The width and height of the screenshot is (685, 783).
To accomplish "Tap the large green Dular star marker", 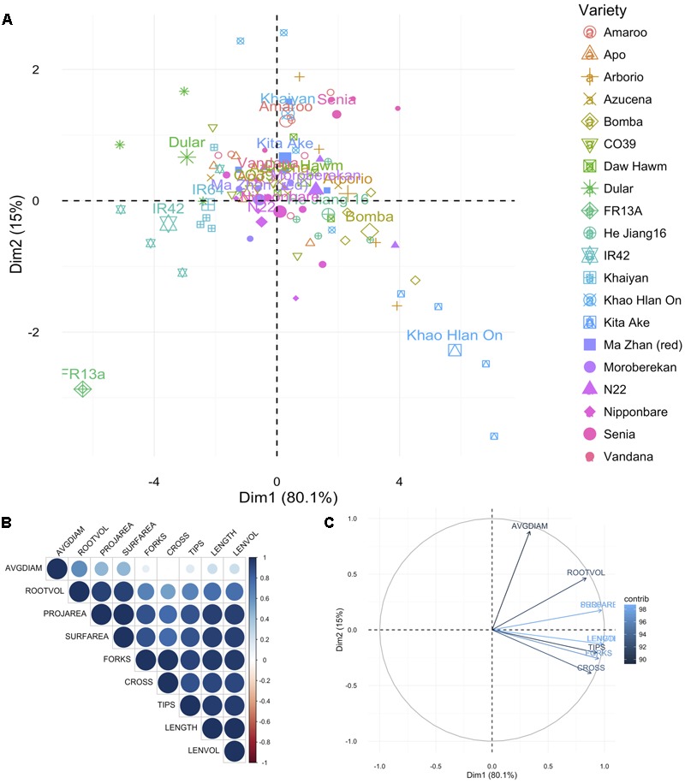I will point(188,157).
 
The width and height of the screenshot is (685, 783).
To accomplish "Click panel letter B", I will point(7,519).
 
